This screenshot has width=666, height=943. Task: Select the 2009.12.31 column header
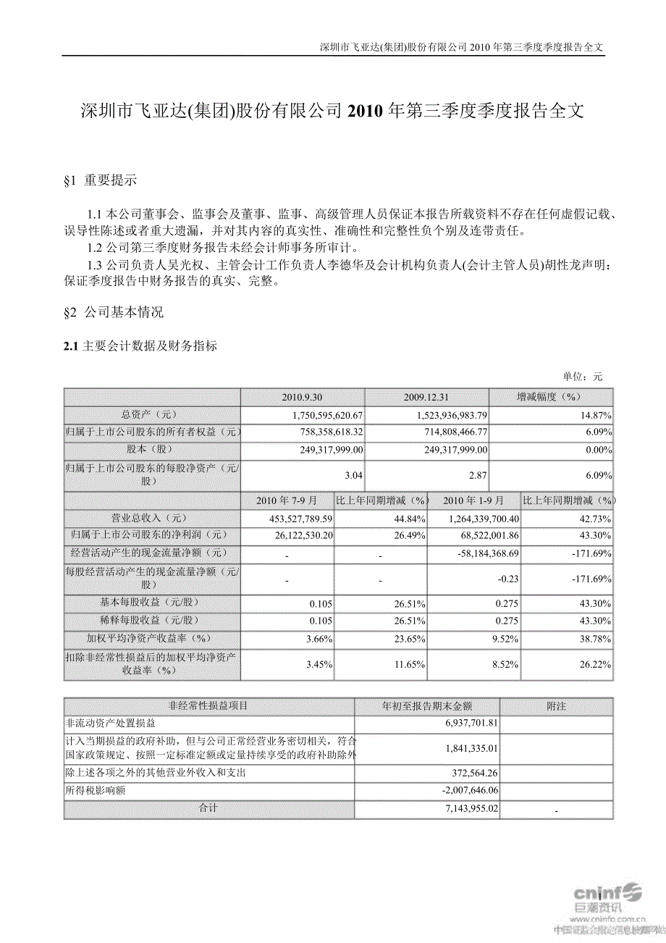click(427, 398)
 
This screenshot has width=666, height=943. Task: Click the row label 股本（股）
click(151, 450)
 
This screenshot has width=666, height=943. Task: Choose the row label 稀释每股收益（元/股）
click(151, 621)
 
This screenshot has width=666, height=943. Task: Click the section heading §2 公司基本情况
click(114, 312)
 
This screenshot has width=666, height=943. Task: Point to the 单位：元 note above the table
click(582, 377)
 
